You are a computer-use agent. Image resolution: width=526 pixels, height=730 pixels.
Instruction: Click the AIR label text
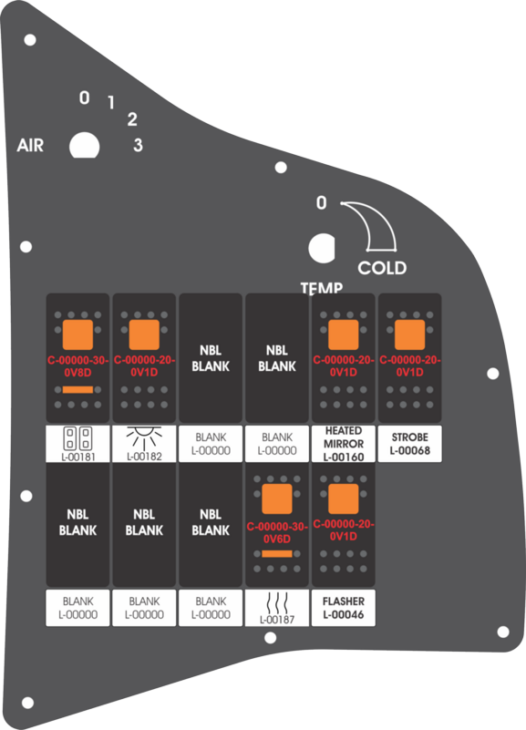tap(30, 145)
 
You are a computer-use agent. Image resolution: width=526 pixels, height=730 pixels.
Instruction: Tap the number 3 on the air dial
tap(138, 145)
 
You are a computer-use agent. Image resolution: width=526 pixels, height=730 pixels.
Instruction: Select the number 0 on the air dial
tap(84, 98)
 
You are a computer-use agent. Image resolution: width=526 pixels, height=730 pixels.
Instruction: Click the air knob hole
tap(84, 146)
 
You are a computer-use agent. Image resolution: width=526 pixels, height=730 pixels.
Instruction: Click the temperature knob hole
tap(322, 248)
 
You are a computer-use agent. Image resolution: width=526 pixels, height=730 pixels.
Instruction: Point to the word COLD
tap(382, 268)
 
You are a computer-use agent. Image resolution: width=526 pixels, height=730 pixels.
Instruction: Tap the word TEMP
tap(322, 288)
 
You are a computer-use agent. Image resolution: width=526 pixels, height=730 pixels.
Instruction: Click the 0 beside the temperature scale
tap(321, 202)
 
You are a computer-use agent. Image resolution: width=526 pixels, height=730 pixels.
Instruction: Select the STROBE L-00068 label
tap(409, 444)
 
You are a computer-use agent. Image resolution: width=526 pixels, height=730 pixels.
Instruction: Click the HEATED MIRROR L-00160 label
tap(343, 444)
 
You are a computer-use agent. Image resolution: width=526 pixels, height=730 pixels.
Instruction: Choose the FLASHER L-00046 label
tap(343, 608)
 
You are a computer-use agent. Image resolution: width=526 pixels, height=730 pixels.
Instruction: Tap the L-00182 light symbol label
tap(144, 444)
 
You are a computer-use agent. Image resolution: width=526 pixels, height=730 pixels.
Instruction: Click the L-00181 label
tap(77, 444)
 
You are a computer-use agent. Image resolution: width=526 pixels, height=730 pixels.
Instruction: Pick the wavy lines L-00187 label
tap(277, 608)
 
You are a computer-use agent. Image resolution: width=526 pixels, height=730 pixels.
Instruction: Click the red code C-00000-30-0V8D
tap(77, 366)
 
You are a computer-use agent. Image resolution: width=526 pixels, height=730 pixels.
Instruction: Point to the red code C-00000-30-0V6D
tap(277, 532)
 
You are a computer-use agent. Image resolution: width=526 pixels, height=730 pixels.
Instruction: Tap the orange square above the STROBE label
tap(409, 334)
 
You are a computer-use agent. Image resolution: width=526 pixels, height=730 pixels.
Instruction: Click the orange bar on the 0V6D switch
tap(277, 554)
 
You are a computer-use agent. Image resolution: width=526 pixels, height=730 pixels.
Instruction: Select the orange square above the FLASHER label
tap(343, 499)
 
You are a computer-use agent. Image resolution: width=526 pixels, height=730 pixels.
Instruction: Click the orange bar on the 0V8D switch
tap(77, 390)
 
